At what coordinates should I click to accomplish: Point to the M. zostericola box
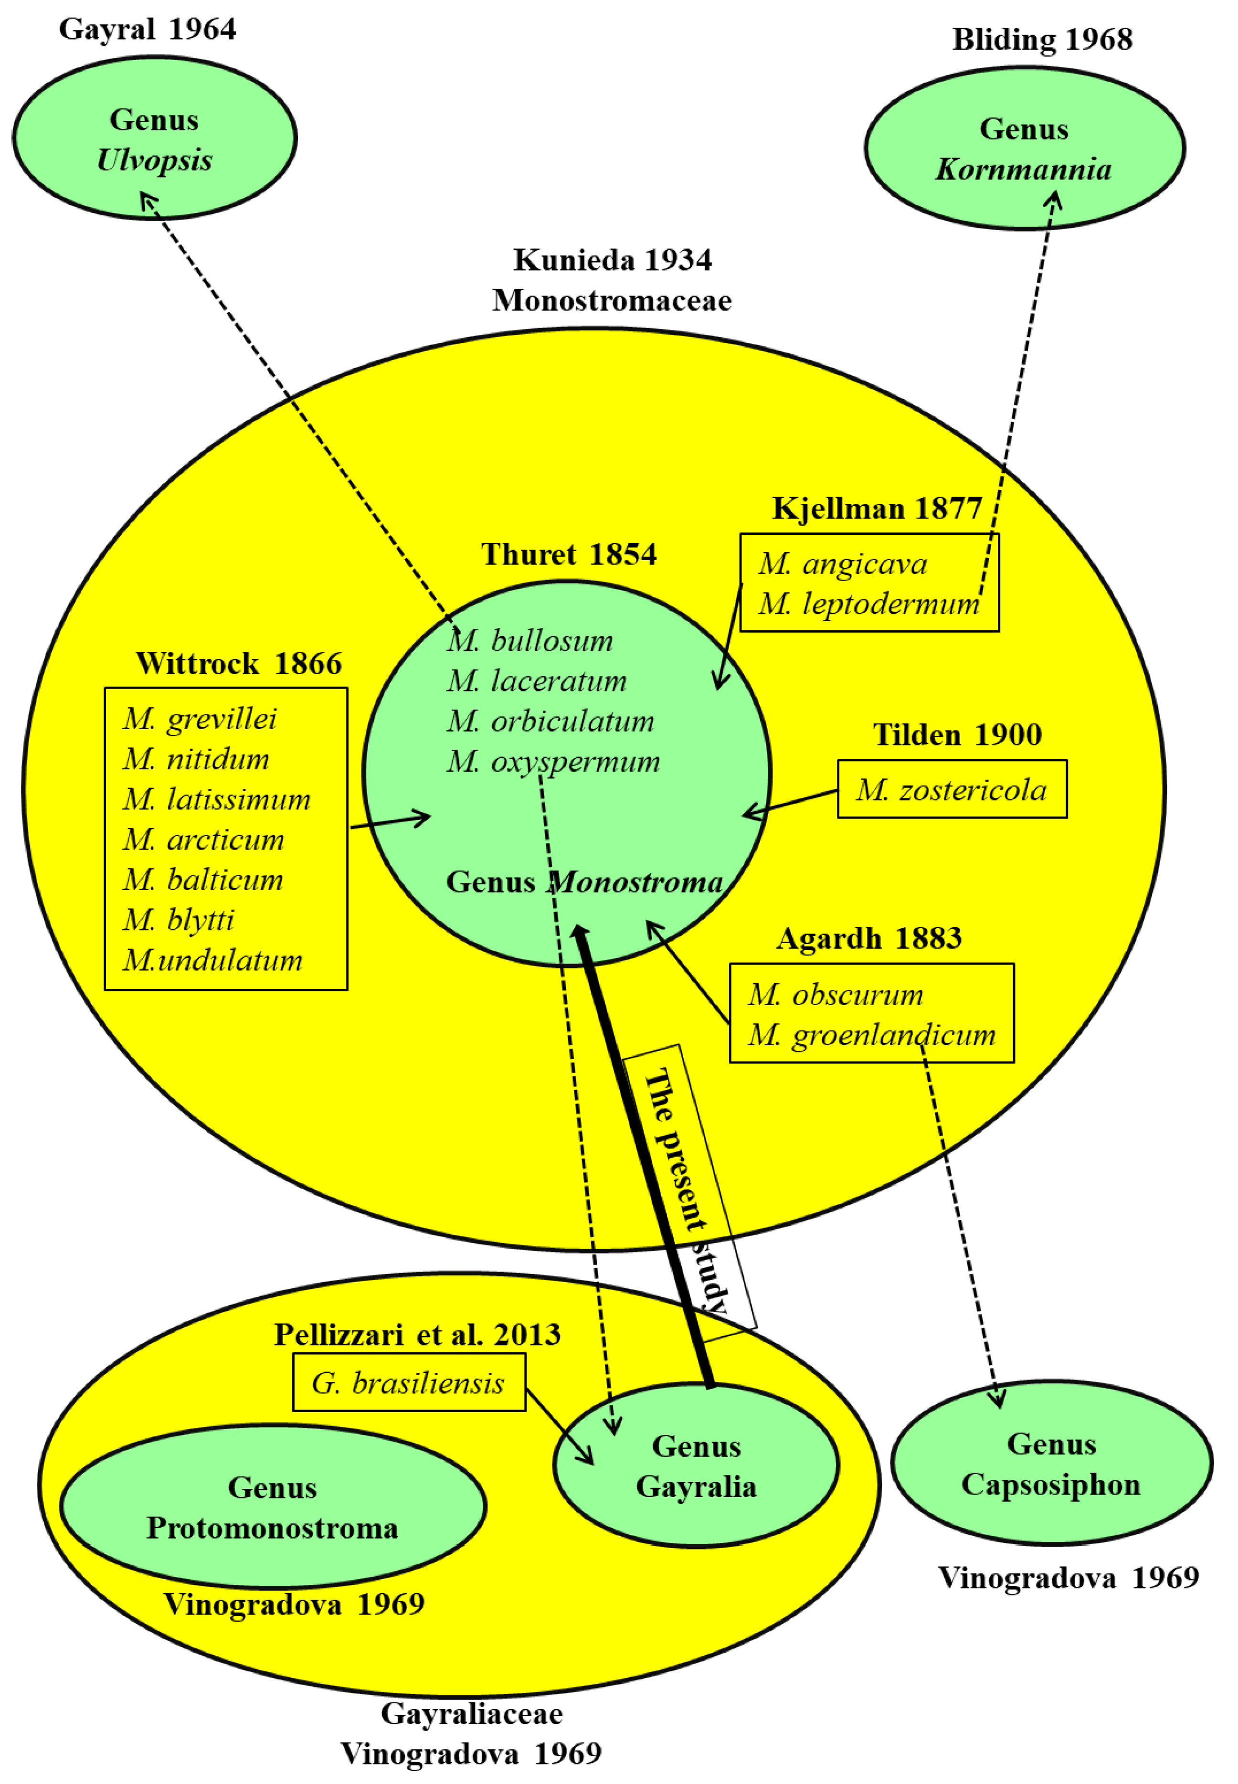click(x=952, y=790)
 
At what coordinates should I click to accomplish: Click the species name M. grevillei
click(x=200, y=719)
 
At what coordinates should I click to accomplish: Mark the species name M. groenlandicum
click(x=871, y=1035)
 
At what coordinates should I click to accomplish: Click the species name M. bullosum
click(x=530, y=641)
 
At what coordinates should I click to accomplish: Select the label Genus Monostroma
click(x=584, y=882)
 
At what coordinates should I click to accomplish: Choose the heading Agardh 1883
click(x=869, y=938)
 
